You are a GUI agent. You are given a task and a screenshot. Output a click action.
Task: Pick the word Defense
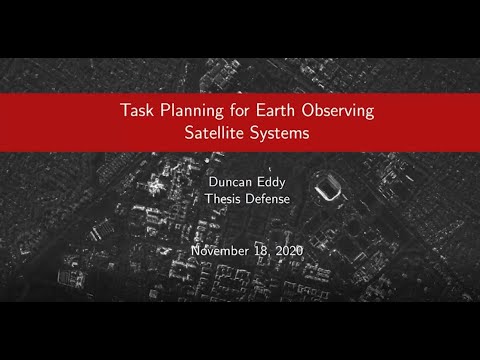tap(265, 199)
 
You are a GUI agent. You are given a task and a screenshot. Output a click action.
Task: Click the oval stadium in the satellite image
tap(327, 185)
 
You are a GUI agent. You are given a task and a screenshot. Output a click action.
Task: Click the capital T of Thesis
tap(205, 199)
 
